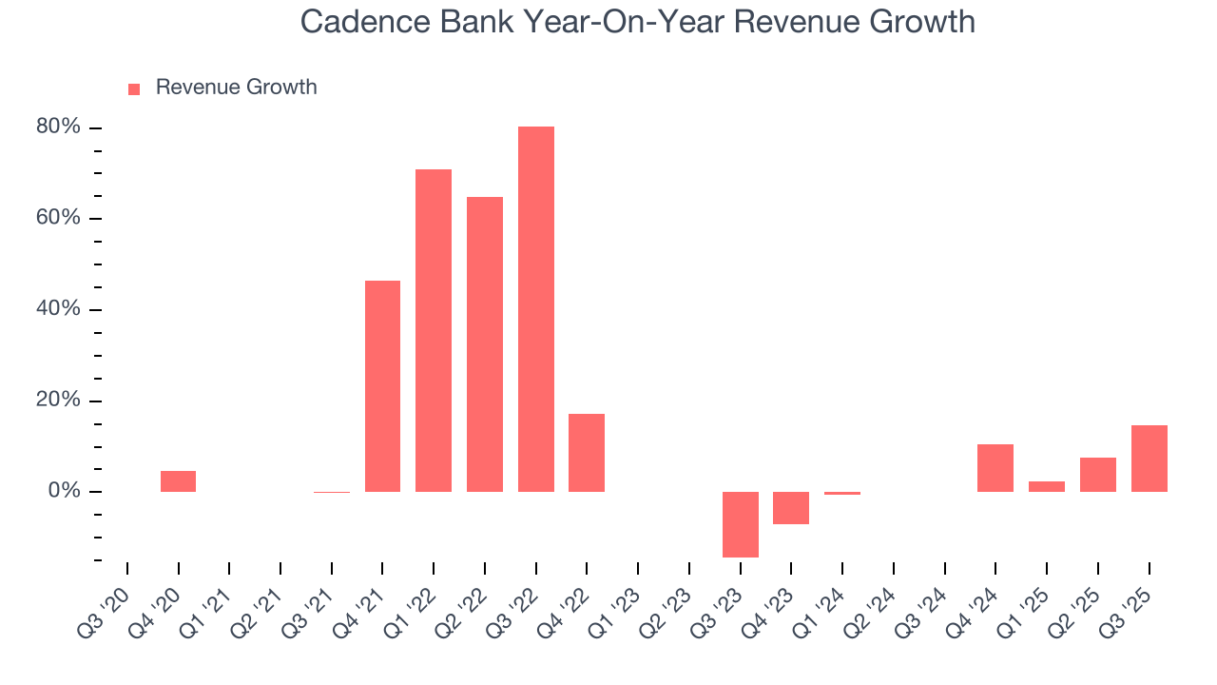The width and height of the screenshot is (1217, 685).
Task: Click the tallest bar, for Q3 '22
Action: coord(535,309)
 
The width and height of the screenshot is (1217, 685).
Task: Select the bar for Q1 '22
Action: coord(434,330)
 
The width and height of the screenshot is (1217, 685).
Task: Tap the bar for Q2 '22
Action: coord(485,344)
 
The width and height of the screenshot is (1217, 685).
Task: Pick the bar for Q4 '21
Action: coord(382,386)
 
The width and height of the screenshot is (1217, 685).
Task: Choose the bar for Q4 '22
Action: coord(587,453)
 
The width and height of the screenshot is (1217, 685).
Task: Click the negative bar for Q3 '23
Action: coord(740,524)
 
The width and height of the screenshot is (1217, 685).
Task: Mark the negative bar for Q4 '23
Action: coord(791,508)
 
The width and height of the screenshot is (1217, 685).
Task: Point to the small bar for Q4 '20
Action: coord(178,481)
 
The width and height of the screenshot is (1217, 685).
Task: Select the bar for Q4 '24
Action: coord(995,468)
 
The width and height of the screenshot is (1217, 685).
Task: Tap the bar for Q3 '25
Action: coord(1149,459)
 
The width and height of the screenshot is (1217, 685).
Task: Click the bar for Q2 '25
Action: coord(1097,475)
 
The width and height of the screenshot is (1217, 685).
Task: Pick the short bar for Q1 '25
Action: coord(1047,486)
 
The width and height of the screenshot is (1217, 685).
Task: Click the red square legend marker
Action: coord(134,88)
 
